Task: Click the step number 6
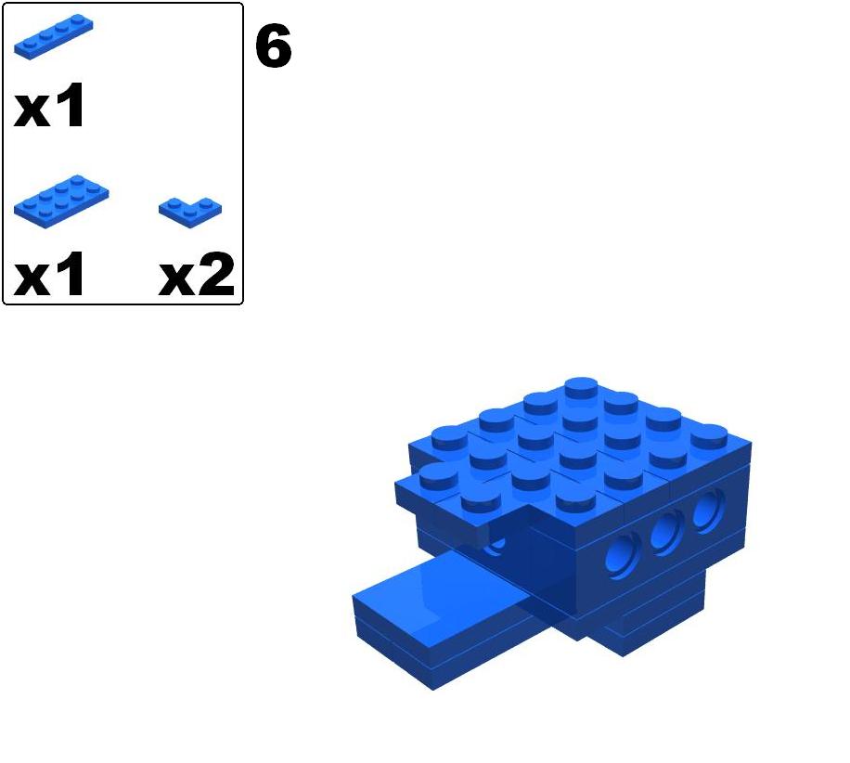click(x=273, y=47)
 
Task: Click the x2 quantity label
click(x=197, y=276)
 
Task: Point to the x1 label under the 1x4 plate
click(x=50, y=109)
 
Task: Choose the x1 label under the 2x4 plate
click(x=50, y=276)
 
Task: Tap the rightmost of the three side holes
click(x=709, y=509)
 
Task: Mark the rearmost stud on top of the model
click(x=581, y=388)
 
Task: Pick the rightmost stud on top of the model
click(x=710, y=436)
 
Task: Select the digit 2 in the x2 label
click(x=216, y=276)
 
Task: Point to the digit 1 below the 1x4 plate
click(x=71, y=108)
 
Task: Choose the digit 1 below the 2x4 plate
click(x=71, y=276)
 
